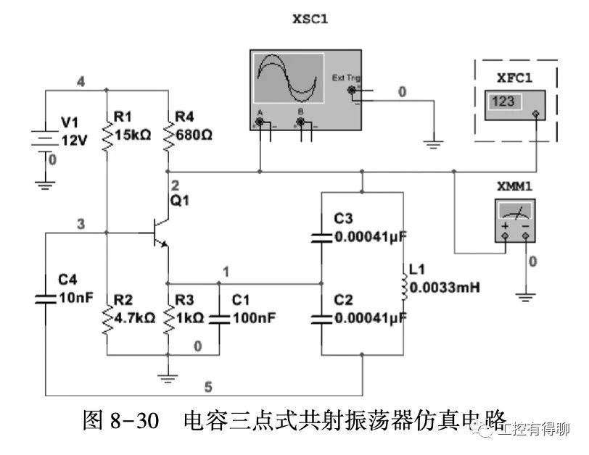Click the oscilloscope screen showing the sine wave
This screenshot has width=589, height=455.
pyautogui.click(x=288, y=80)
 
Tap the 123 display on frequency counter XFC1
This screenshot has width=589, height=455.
pyautogui.click(x=503, y=101)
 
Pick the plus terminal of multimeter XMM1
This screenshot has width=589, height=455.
pyautogui.click(x=504, y=236)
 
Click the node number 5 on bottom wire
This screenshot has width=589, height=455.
pyautogui.click(x=209, y=386)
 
